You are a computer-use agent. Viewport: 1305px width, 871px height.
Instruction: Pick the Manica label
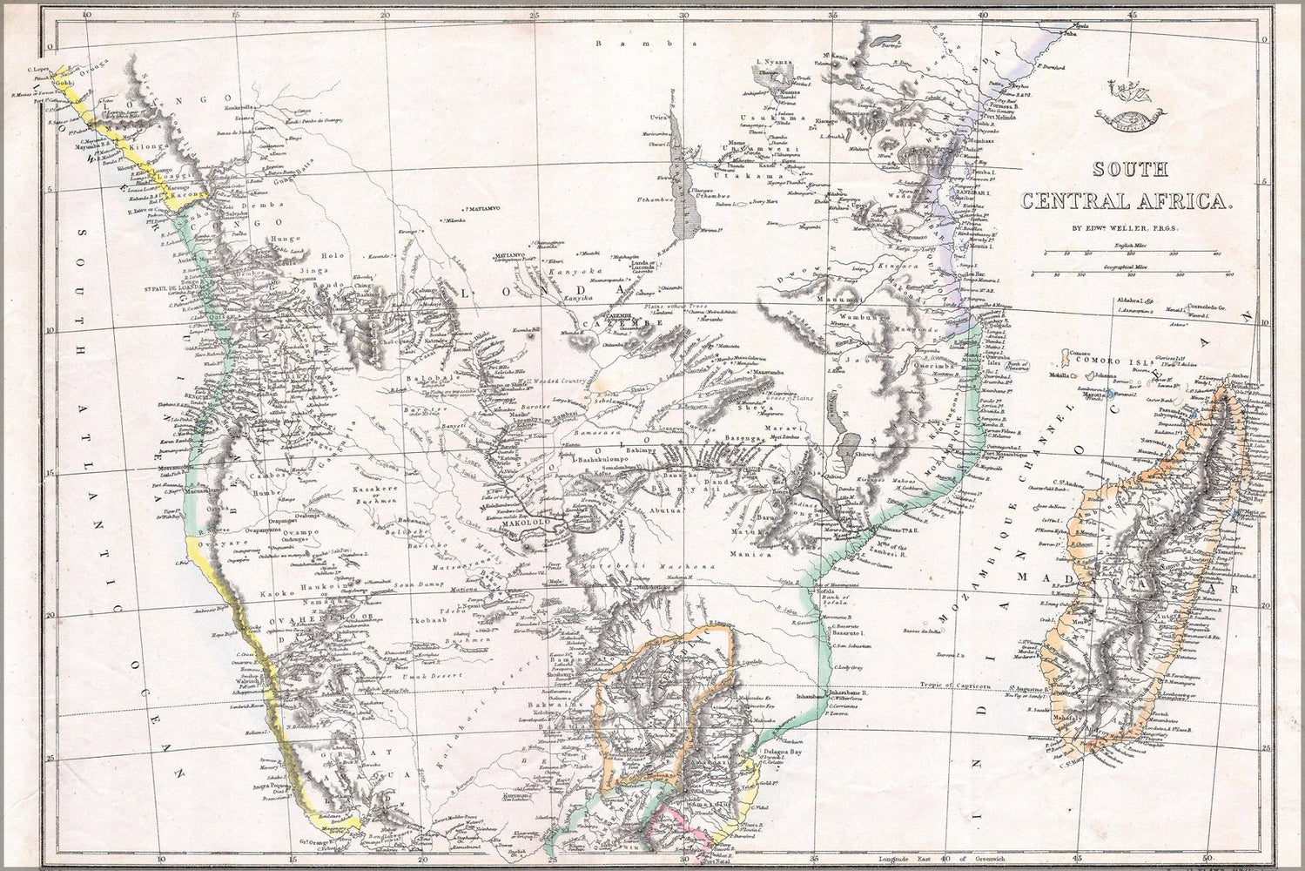tap(756, 553)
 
